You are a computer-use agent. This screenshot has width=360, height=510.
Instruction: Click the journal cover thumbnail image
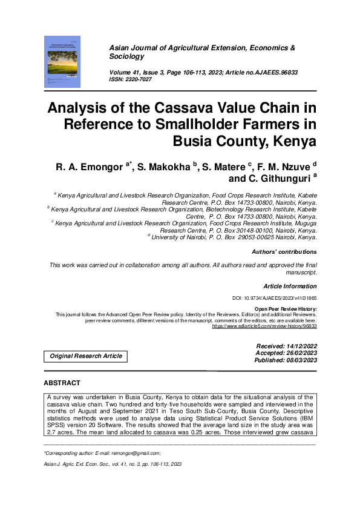64,61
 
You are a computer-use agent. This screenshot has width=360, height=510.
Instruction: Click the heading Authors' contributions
284,251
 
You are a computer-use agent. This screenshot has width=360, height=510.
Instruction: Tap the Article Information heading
290,285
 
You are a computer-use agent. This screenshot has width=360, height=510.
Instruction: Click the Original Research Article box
86,356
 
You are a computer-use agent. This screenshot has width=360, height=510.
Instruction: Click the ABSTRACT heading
62,383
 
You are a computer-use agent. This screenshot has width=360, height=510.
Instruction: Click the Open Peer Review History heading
286,309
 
